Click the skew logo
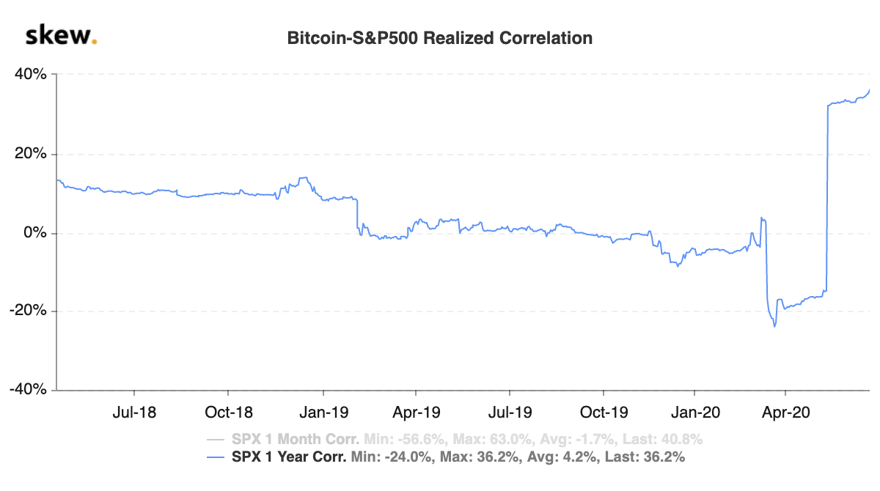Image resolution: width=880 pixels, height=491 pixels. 61,35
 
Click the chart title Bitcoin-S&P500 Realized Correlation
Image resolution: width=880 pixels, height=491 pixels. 439,38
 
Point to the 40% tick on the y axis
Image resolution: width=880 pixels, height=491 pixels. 31,74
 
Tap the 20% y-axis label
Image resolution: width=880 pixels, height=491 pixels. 31,153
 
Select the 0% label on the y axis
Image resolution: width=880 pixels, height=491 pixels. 35,232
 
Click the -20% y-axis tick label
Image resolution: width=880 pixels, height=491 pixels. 28,311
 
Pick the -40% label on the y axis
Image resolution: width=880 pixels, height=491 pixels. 28,389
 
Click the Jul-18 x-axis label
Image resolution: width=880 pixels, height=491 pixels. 134,413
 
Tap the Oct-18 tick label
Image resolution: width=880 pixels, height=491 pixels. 229,413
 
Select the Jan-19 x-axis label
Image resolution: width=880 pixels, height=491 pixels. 323,413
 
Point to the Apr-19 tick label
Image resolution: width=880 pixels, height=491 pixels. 417,413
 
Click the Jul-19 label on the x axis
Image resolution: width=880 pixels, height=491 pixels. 510,413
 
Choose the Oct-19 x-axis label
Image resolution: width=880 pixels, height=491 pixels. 604,413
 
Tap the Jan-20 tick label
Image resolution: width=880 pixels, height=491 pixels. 695,413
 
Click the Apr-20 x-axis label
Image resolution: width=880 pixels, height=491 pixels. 785,413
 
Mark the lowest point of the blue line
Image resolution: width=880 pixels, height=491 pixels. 774,327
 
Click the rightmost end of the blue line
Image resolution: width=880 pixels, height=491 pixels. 870,90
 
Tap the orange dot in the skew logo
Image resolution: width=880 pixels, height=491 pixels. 94,41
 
